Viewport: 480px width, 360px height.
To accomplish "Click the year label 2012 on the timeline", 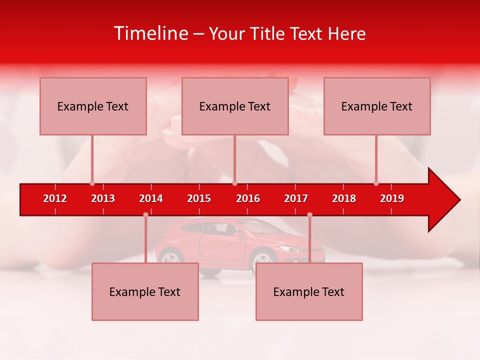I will pyautogui.click(x=55, y=198).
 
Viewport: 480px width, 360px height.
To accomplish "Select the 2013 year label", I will pyautogui.click(x=103, y=198).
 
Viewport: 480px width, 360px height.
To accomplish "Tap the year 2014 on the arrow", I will pyautogui.click(x=151, y=198).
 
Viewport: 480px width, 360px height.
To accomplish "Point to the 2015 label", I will pyautogui.click(x=199, y=198).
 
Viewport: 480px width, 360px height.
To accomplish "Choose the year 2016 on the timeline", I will pyautogui.click(x=248, y=198).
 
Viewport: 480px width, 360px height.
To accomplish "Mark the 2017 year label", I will pyautogui.click(x=296, y=198).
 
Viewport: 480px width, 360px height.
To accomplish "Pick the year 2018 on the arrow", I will pyautogui.click(x=344, y=198).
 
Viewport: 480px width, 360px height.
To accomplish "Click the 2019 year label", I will pyautogui.click(x=392, y=198).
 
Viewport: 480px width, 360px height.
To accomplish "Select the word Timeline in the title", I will pyautogui.click(x=150, y=33).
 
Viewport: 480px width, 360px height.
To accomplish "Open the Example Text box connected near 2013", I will pyautogui.click(x=93, y=106).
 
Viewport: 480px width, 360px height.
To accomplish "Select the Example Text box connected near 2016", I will pyautogui.click(x=235, y=106).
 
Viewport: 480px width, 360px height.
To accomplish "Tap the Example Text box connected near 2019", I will pyautogui.click(x=377, y=106).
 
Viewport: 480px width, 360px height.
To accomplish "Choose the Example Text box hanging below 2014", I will pyautogui.click(x=145, y=291).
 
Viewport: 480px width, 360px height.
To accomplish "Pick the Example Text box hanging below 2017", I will pyautogui.click(x=309, y=291).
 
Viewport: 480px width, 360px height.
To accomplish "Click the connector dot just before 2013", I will pyautogui.click(x=92, y=183).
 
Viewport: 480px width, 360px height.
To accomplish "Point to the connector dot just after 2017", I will pyautogui.click(x=309, y=215).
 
